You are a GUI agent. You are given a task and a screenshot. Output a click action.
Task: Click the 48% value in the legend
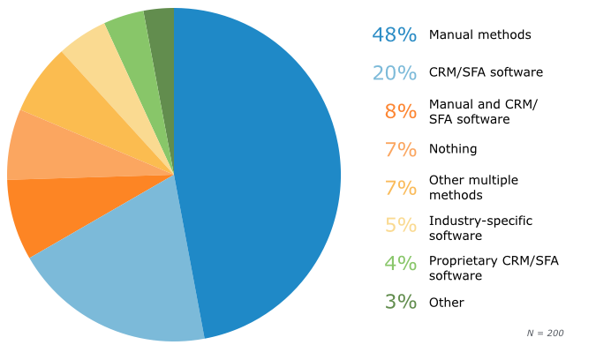pos(394,34)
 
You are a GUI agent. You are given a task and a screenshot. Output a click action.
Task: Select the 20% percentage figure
pos(394,72)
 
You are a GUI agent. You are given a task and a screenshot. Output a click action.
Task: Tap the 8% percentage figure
pos(400,111)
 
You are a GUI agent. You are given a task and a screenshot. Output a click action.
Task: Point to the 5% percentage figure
pos(400,225)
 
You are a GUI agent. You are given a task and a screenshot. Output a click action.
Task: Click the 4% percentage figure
pos(400,263)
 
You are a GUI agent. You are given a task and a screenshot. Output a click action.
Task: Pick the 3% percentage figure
pos(400,302)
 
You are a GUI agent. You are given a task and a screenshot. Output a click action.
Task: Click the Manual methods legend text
pos(479,34)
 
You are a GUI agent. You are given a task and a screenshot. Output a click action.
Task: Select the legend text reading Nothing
pos(452,149)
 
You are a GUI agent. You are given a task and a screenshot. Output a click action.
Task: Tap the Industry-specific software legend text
pos(480,228)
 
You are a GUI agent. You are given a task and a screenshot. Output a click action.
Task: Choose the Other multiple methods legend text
pos(473,187)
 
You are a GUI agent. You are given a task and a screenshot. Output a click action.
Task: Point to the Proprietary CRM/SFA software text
pos(494,267)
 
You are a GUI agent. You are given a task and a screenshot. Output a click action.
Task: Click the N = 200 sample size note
pos(545,333)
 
